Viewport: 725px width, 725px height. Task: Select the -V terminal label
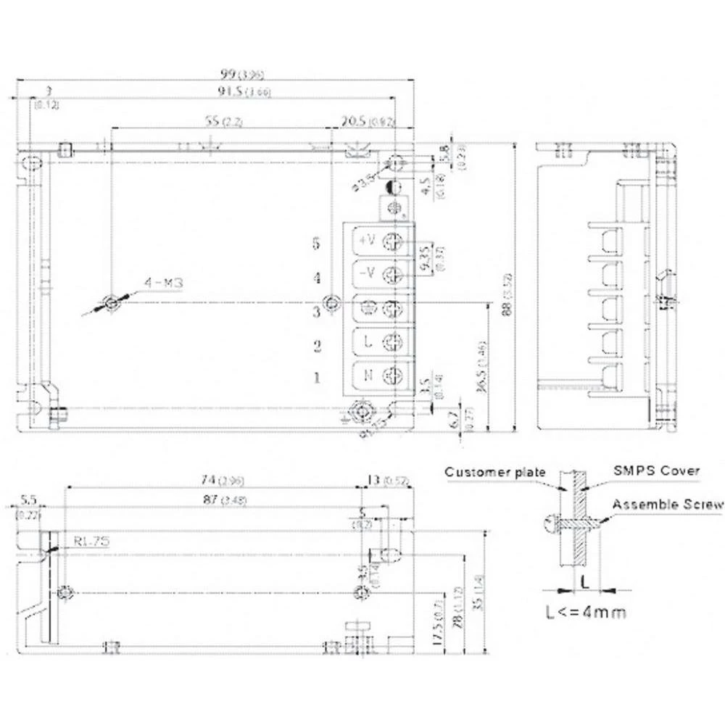pos(367,273)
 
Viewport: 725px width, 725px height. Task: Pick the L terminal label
pos(368,342)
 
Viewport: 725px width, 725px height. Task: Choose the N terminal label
pos(368,376)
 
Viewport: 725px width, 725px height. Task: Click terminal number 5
pos(316,244)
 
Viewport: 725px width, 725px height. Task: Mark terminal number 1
pos(316,378)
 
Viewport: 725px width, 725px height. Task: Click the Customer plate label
pos(494,472)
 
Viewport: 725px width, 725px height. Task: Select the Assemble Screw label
pos(667,505)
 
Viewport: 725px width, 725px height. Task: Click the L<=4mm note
pos(585,612)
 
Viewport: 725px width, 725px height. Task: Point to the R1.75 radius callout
pos(91,539)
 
